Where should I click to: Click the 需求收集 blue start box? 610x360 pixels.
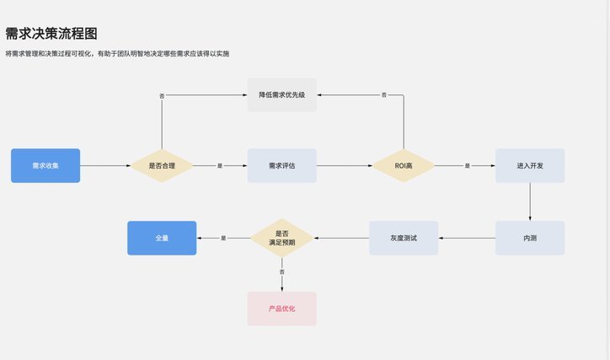[45, 165]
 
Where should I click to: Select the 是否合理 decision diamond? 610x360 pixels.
[162, 165]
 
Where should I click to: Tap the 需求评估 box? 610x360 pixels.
[282, 165]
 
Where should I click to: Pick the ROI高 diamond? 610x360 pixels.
[404, 165]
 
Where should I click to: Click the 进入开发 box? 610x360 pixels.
[530, 165]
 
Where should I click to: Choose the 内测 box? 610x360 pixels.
[530, 238]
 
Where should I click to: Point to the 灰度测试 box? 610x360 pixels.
[404, 238]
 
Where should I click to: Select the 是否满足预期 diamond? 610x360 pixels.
[282, 238]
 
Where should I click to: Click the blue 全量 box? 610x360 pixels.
[162, 238]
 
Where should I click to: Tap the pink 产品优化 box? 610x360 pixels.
[282, 309]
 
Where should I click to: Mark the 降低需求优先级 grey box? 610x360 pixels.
[282, 94]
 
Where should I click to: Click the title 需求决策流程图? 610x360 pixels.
[51, 34]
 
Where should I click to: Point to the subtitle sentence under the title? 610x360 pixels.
[117, 53]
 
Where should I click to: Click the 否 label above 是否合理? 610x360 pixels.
[162, 96]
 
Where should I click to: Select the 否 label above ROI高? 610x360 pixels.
[384, 94]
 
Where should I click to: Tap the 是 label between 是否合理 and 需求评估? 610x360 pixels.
[220, 166]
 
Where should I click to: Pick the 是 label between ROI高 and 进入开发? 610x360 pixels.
[468, 166]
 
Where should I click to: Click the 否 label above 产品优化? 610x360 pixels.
[282, 271]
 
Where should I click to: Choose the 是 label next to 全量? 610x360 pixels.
[223, 238]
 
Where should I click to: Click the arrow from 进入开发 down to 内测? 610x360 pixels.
[530, 201]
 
